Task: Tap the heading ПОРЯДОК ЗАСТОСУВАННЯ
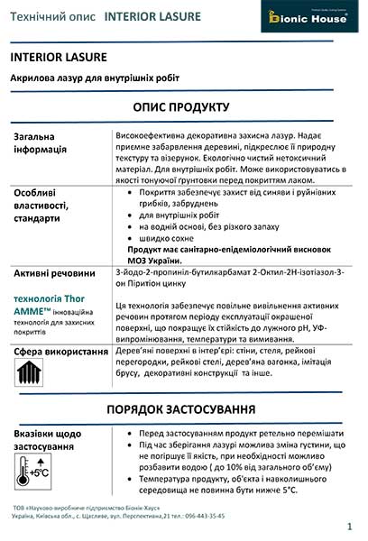pos(184,408)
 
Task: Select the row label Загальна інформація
pos(41,142)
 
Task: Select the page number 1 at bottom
pos(348,525)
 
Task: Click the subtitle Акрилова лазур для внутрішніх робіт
pos(95,78)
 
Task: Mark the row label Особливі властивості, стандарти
pos(51,204)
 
